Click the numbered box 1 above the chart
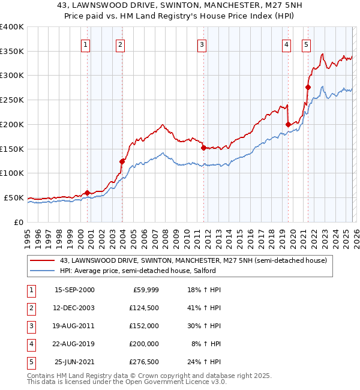(86, 44)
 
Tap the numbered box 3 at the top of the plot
(202, 44)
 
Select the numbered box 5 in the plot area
(306, 44)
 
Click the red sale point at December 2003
(122, 161)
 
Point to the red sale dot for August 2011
(203, 147)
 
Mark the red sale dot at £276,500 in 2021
(308, 87)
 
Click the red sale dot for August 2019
(288, 124)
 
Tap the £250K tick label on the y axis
(12, 100)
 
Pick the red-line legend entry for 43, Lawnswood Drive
(193, 260)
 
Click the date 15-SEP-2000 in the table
(74, 290)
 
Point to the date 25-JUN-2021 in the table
(74, 362)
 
